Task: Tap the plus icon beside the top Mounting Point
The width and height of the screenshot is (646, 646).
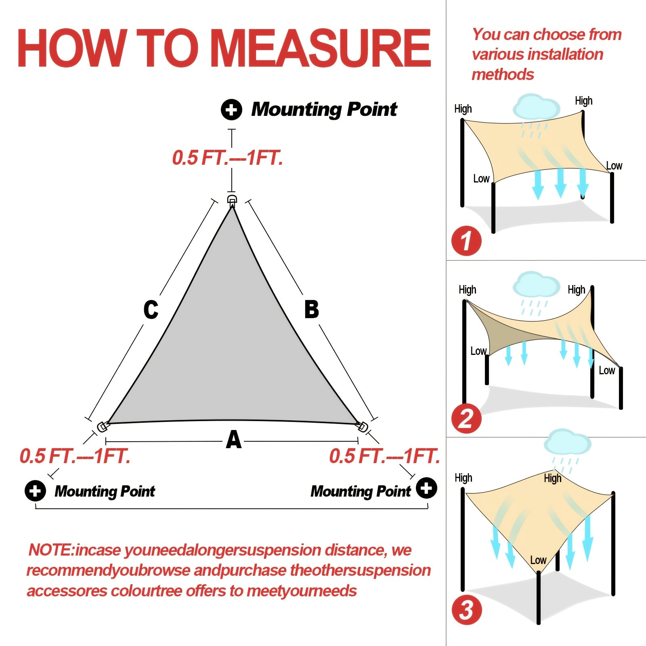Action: [x=231, y=109]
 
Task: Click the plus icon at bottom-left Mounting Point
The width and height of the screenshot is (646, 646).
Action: [x=35, y=491]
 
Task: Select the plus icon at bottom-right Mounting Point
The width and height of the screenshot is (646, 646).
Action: [x=427, y=488]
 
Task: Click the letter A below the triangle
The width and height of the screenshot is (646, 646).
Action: [x=234, y=440]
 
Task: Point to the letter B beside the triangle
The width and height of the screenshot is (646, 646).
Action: [x=311, y=310]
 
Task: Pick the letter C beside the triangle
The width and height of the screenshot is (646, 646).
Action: [x=151, y=310]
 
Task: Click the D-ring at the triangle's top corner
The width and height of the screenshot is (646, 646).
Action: [x=232, y=200]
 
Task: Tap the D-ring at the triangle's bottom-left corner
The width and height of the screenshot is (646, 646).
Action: [x=103, y=426]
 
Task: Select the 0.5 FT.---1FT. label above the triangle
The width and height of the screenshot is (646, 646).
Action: [x=227, y=158]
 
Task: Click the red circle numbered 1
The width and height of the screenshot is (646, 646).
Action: [x=466, y=241]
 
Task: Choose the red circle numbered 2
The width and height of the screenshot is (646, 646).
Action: [x=466, y=419]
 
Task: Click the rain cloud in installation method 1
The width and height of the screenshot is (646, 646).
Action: [x=536, y=107]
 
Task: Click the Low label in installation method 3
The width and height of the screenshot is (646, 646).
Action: [x=538, y=560]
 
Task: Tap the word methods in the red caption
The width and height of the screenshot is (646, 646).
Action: [x=503, y=75]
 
